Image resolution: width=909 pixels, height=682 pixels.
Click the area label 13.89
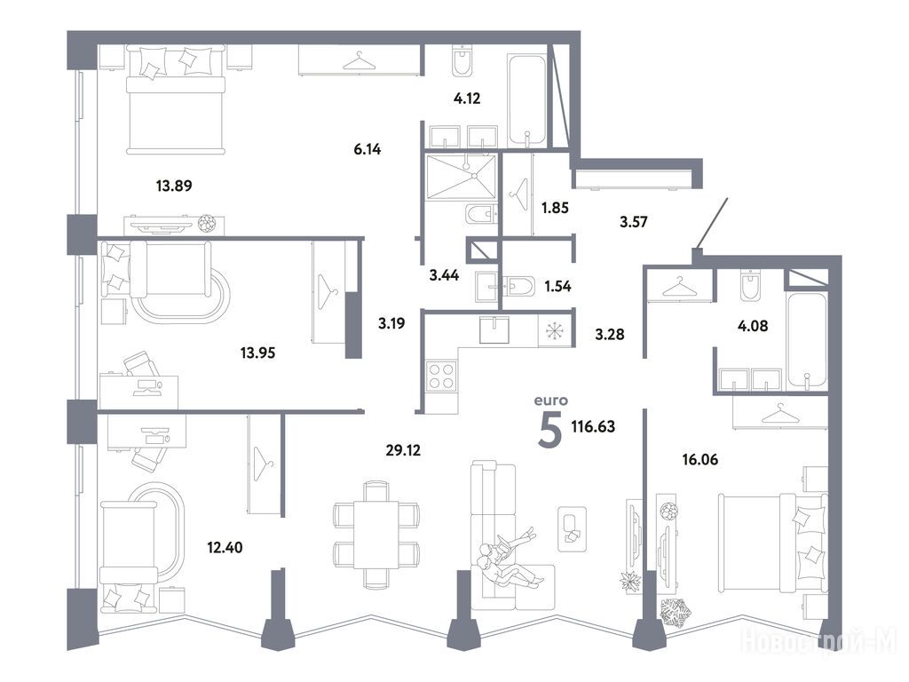pyautogui.click(x=174, y=186)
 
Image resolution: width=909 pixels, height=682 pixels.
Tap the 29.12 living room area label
pyautogui.click(x=403, y=449)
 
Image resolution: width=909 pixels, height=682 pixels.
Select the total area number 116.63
pyautogui.click(x=593, y=427)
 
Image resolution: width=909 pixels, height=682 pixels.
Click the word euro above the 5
pyautogui.click(x=550, y=400)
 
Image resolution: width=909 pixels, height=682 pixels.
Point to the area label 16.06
pyautogui.click(x=700, y=460)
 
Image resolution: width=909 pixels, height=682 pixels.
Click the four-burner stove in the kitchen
pyautogui.click(x=441, y=376)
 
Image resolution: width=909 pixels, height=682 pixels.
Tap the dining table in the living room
pyautogui.click(x=375, y=534)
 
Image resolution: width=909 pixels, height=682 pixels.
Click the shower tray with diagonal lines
pyautogui.click(x=461, y=177)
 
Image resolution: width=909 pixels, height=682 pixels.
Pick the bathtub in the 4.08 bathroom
pyautogui.click(x=806, y=340)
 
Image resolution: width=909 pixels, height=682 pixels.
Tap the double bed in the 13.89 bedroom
pyautogui.click(x=176, y=99)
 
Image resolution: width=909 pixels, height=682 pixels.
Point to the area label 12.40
pyautogui.click(x=225, y=547)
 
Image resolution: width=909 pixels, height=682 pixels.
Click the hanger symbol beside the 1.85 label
pyautogui.click(x=518, y=194)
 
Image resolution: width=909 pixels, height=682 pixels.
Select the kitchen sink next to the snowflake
pyautogui.click(x=494, y=329)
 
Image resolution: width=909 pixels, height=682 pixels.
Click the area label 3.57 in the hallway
pyautogui.click(x=634, y=221)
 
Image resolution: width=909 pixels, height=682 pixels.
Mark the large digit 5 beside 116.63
pyautogui.click(x=550, y=432)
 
